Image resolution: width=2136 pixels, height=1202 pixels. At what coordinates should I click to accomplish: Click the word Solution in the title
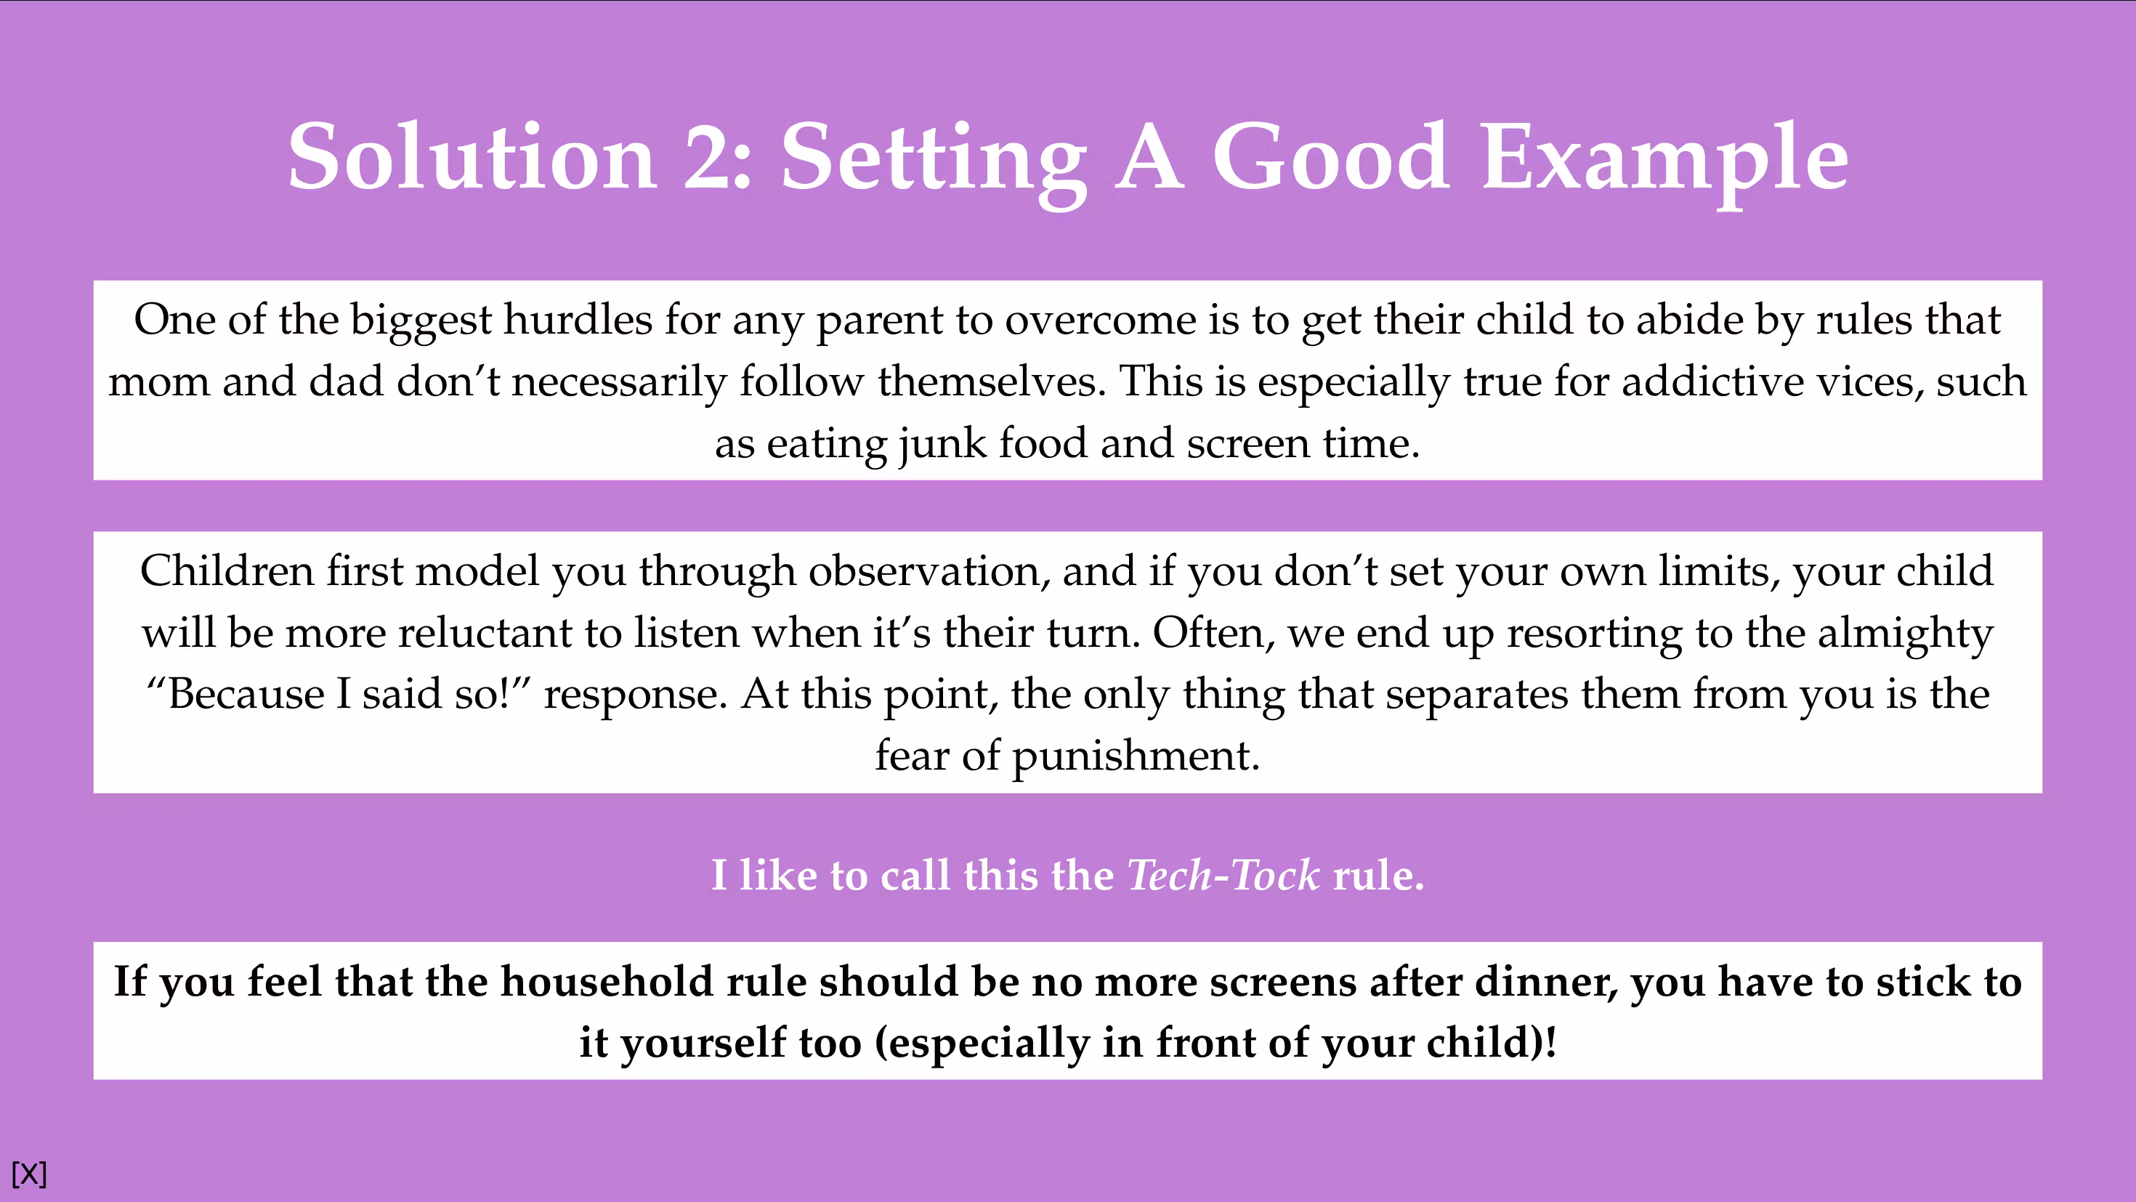(473, 156)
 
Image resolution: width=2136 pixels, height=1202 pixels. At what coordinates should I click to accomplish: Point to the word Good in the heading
(1331, 156)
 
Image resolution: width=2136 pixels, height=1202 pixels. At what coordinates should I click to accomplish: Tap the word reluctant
(485, 633)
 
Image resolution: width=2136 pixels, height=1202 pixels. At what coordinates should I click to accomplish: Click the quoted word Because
(245, 694)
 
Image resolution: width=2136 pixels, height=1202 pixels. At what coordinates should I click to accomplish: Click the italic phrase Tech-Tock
(1223, 875)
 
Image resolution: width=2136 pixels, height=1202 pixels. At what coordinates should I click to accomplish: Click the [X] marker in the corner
(29, 1174)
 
